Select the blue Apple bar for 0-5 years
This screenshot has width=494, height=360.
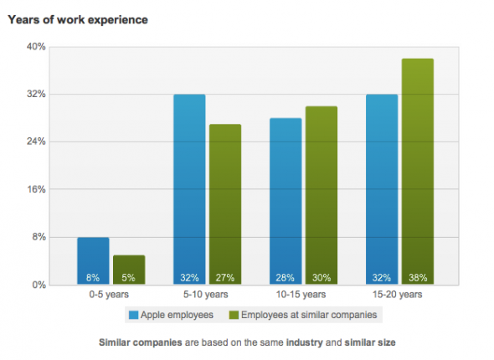[x=93, y=260]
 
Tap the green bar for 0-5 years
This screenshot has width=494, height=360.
[x=129, y=270]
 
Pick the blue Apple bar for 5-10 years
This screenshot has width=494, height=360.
[x=189, y=189]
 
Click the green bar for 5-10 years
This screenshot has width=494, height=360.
[x=225, y=204]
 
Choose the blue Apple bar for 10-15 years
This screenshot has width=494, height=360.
[x=286, y=201]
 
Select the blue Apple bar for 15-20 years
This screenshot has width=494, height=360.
[x=382, y=189]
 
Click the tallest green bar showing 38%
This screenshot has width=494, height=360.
[x=418, y=172]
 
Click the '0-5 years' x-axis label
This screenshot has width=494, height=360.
[x=111, y=295]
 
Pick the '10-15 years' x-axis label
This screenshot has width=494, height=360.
[x=303, y=295]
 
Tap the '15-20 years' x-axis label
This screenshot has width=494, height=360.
[x=399, y=295]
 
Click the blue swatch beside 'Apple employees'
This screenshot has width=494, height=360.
[x=133, y=315]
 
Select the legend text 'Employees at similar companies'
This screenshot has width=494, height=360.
[x=309, y=315]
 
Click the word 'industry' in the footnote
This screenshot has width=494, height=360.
[x=306, y=343]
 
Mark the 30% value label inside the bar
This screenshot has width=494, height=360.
[x=322, y=277]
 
